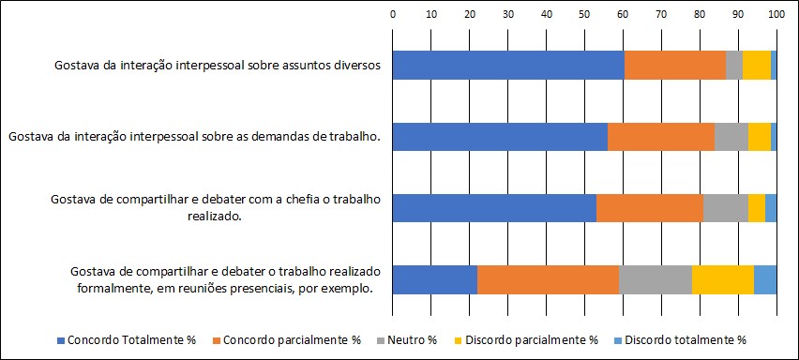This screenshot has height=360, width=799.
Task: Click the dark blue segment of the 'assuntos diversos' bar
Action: click(508, 66)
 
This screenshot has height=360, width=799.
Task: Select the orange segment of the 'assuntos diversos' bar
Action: click(675, 66)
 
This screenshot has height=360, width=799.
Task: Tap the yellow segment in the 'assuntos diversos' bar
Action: click(757, 66)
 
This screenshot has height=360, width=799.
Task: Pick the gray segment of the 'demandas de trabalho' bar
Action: click(731, 137)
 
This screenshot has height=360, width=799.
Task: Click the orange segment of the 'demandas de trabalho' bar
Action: click(661, 137)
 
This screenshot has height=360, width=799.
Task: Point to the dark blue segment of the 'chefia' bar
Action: click(494, 208)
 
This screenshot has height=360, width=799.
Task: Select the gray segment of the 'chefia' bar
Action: click(726, 208)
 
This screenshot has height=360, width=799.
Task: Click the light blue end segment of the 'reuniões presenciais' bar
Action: click(765, 279)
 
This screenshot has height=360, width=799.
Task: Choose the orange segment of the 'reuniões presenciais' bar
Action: click(548, 279)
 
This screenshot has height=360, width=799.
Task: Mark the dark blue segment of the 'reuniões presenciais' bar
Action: click(434, 279)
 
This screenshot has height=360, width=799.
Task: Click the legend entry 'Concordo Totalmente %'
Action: click(127, 339)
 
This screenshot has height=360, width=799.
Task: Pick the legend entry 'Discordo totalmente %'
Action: click(680, 339)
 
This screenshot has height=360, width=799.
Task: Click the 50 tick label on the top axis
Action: click(584, 15)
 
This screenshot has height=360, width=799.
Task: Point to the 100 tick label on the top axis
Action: click(776, 15)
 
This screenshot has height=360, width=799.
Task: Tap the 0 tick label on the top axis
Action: click(392, 15)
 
